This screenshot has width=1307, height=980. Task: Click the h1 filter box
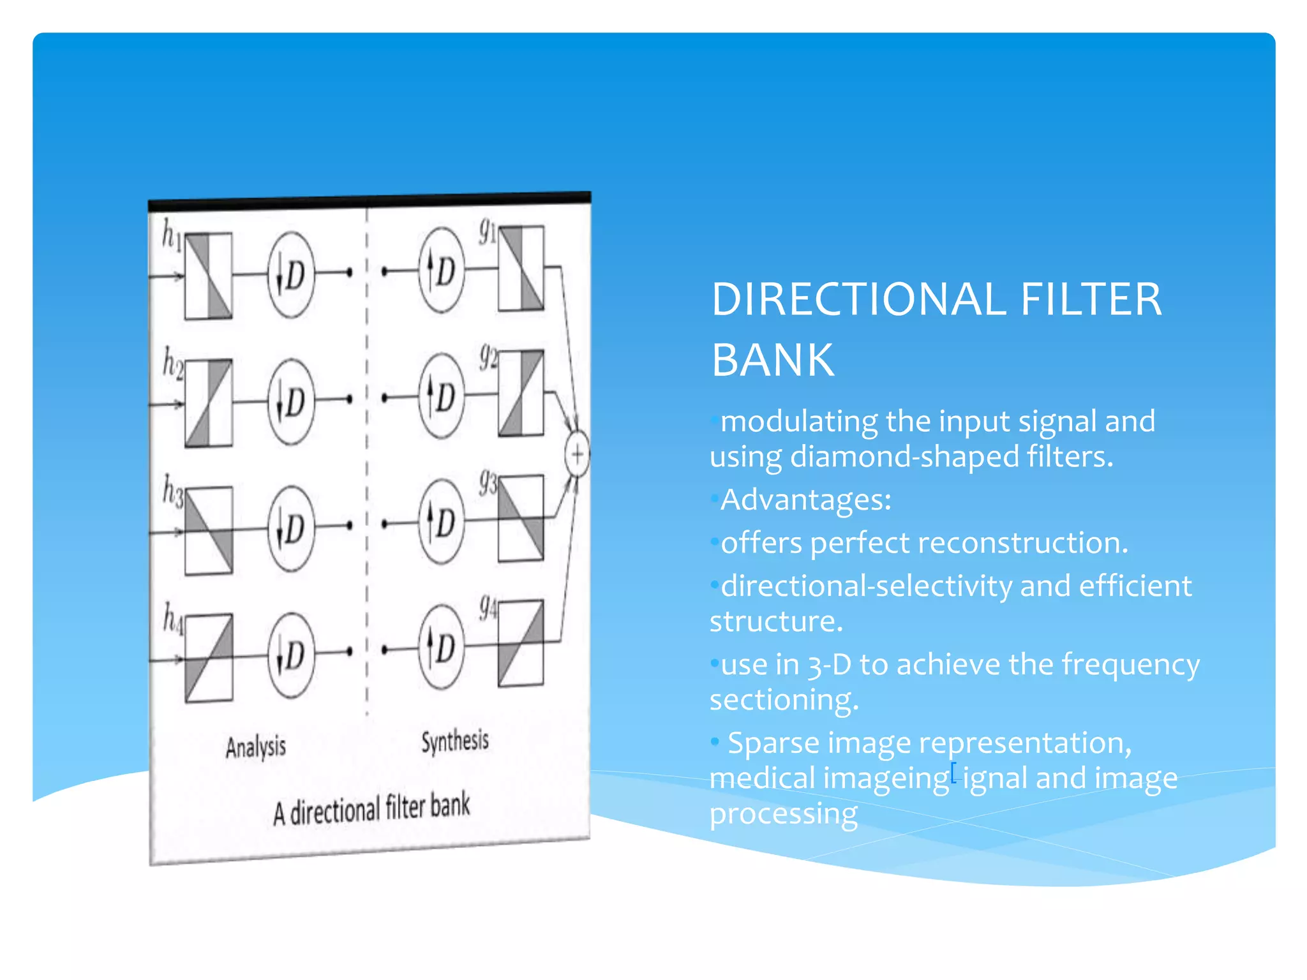click(x=208, y=276)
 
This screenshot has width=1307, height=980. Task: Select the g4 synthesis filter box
click(x=521, y=643)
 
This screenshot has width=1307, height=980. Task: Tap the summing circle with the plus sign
click(x=577, y=455)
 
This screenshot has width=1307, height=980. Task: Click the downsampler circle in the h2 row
click(x=291, y=401)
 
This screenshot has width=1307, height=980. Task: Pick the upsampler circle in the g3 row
click(x=441, y=523)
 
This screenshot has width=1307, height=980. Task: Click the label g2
click(x=488, y=356)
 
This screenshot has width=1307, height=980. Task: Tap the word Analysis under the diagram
click(x=255, y=747)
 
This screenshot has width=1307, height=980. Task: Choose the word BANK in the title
click(x=772, y=360)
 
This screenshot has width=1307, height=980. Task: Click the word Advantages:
click(x=805, y=500)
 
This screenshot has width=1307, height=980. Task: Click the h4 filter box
click(x=209, y=658)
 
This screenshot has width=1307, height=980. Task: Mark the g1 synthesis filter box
click(x=521, y=268)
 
